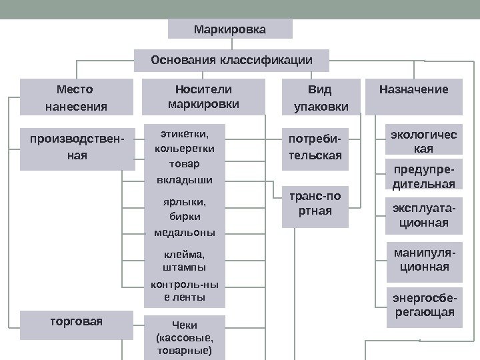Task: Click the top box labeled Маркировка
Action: (229, 29)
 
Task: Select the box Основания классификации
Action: (231, 60)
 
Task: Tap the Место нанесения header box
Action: (75, 97)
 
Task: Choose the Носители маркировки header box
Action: (203, 97)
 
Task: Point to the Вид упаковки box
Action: (320, 97)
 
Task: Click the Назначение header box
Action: (414, 97)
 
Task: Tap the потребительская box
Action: (315, 147)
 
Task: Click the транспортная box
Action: (315, 204)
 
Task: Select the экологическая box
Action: (423, 141)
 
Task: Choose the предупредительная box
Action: (423, 175)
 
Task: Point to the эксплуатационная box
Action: (423, 215)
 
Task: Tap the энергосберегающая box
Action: (423, 305)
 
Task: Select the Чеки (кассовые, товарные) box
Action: (185, 337)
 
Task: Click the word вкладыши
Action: (185, 180)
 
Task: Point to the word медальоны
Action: (185, 233)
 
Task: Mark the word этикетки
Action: (185, 133)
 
